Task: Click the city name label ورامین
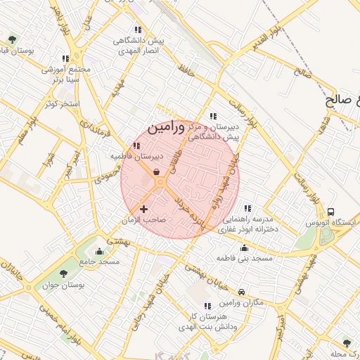[167, 127]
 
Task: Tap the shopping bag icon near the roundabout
[155, 172]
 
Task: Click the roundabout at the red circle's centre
[161, 183]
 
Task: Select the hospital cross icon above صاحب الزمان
[144, 209]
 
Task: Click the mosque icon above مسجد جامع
[99, 251]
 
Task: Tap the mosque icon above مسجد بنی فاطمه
[244, 247]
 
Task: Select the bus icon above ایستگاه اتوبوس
[330, 212]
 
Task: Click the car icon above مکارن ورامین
[242, 292]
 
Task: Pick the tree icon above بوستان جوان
[64, 274]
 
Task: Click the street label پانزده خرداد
[194, 214]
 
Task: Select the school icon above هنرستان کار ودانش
[207, 306]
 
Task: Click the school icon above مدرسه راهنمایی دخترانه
[247, 208]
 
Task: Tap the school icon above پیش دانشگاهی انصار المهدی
[138, 30]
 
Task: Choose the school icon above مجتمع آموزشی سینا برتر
[65, 59]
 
